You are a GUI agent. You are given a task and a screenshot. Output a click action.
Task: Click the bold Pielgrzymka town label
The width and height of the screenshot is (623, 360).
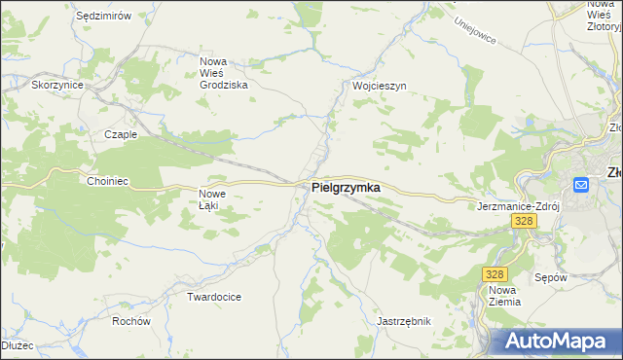pyautogui.click(x=346, y=187)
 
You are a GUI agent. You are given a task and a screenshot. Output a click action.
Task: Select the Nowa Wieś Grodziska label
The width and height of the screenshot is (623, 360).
pyautogui.click(x=224, y=73)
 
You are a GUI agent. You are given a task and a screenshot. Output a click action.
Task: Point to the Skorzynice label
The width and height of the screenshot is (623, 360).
pyautogui.click(x=57, y=86)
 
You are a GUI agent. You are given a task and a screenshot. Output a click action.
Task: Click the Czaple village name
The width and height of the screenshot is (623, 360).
pyautogui.click(x=121, y=135)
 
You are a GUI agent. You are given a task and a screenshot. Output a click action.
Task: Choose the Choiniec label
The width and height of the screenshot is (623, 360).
pyautogui.click(x=108, y=181)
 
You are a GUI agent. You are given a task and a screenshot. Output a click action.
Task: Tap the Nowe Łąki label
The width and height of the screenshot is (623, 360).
pyautogui.click(x=214, y=198)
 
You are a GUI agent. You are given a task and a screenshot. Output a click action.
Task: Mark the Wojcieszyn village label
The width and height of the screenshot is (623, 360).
pyautogui.click(x=379, y=86)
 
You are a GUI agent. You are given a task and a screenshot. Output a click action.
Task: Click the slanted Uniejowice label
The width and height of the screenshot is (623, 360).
pyautogui.click(x=475, y=33)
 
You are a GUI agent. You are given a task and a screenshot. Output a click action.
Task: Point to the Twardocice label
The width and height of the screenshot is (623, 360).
pyautogui.click(x=214, y=296)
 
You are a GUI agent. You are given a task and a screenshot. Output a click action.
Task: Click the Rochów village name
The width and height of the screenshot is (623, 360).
pyautogui.click(x=130, y=321)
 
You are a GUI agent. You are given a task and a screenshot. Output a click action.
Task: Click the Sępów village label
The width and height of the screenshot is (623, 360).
pyautogui.click(x=551, y=277)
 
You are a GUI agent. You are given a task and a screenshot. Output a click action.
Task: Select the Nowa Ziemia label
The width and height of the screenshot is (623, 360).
pyautogui.click(x=504, y=296)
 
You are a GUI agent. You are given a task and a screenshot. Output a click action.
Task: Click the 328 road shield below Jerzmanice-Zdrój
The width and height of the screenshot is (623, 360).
pyautogui.click(x=524, y=222)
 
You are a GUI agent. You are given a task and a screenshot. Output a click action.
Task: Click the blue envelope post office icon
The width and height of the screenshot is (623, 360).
pyautogui.click(x=581, y=184)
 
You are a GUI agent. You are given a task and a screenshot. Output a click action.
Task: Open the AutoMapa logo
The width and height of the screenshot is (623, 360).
pyautogui.click(x=556, y=342)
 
